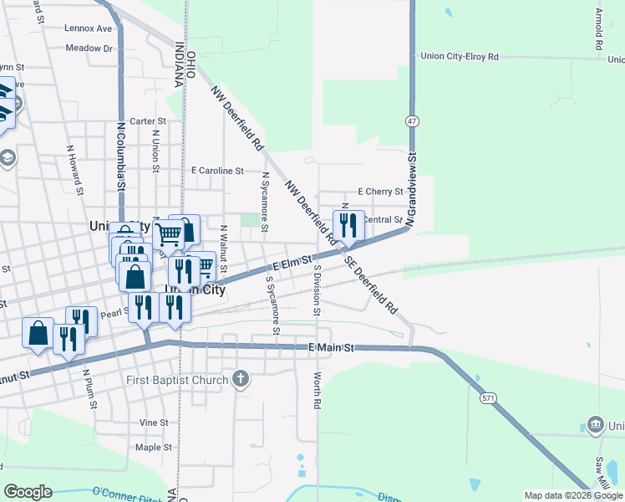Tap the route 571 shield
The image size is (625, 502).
click(489, 398)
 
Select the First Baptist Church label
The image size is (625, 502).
click(177, 381)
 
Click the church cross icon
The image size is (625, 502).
click(241, 380)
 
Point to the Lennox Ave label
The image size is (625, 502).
click(88, 28)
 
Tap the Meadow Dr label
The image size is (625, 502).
click(89, 49)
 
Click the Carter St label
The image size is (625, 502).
click(148, 121)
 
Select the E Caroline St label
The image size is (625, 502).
click(216, 171)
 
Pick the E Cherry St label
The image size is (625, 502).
click(380, 192)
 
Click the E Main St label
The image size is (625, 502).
click(332, 347)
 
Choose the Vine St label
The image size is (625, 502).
click(154, 423)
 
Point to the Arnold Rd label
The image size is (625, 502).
click(599, 28)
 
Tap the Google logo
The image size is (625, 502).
click(28, 492)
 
